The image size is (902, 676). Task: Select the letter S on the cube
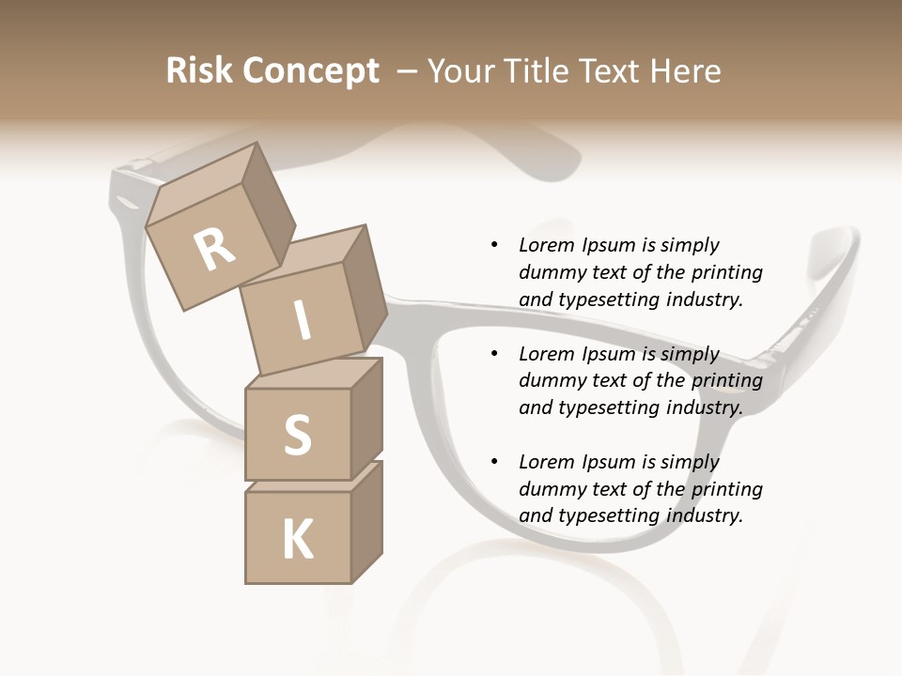point(297,435)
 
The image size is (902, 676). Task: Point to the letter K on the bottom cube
point(298,539)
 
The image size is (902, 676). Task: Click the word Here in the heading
point(689,71)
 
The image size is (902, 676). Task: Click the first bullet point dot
point(494,245)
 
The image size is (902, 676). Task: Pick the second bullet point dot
point(494,354)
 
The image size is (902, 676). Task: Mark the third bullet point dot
point(494,462)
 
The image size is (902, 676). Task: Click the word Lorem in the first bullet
point(546,245)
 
